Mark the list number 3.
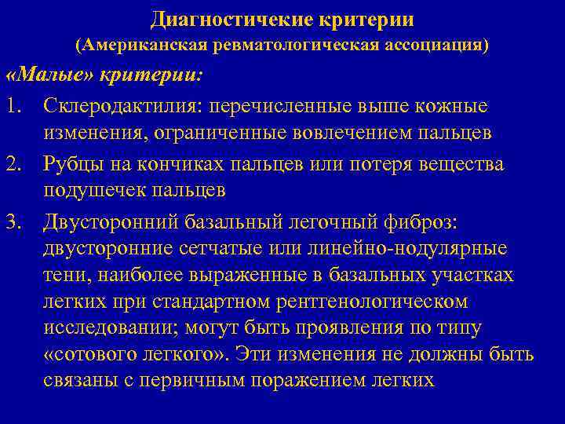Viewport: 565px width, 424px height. (x=14, y=222)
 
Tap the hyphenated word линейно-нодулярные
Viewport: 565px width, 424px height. (x=416, y=249)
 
